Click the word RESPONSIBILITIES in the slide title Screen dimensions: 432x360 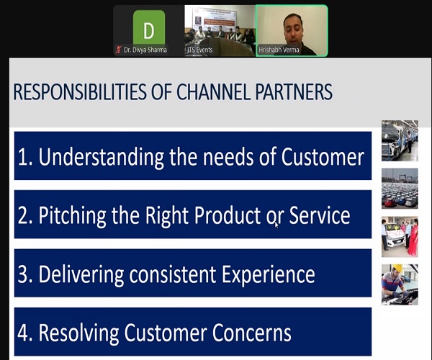tap(80, 91)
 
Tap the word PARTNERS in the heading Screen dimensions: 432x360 tap(294, 91)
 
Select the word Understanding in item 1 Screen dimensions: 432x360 tap(101, 157)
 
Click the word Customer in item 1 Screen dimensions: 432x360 tap(323, 157)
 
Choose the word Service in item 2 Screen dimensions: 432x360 tap(320, 215)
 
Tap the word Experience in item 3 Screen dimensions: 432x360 tap(269, 275)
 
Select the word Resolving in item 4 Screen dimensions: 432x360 tap(78, 333)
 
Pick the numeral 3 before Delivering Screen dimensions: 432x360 tap(22, 274)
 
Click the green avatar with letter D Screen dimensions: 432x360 tap(149, 27)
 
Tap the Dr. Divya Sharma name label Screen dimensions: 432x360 tap(145, 50)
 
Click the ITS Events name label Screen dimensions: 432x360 tap(200, 50)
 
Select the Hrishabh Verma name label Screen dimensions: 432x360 tap(279, 50)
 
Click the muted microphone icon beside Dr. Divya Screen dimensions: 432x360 tap(119, 50)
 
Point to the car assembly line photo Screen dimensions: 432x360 tap(400, 140)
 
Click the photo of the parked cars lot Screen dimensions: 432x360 tap(400, 189)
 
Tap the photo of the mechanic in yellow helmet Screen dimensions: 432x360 tap(400, 284)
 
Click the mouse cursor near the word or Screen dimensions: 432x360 tap(276, 225)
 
